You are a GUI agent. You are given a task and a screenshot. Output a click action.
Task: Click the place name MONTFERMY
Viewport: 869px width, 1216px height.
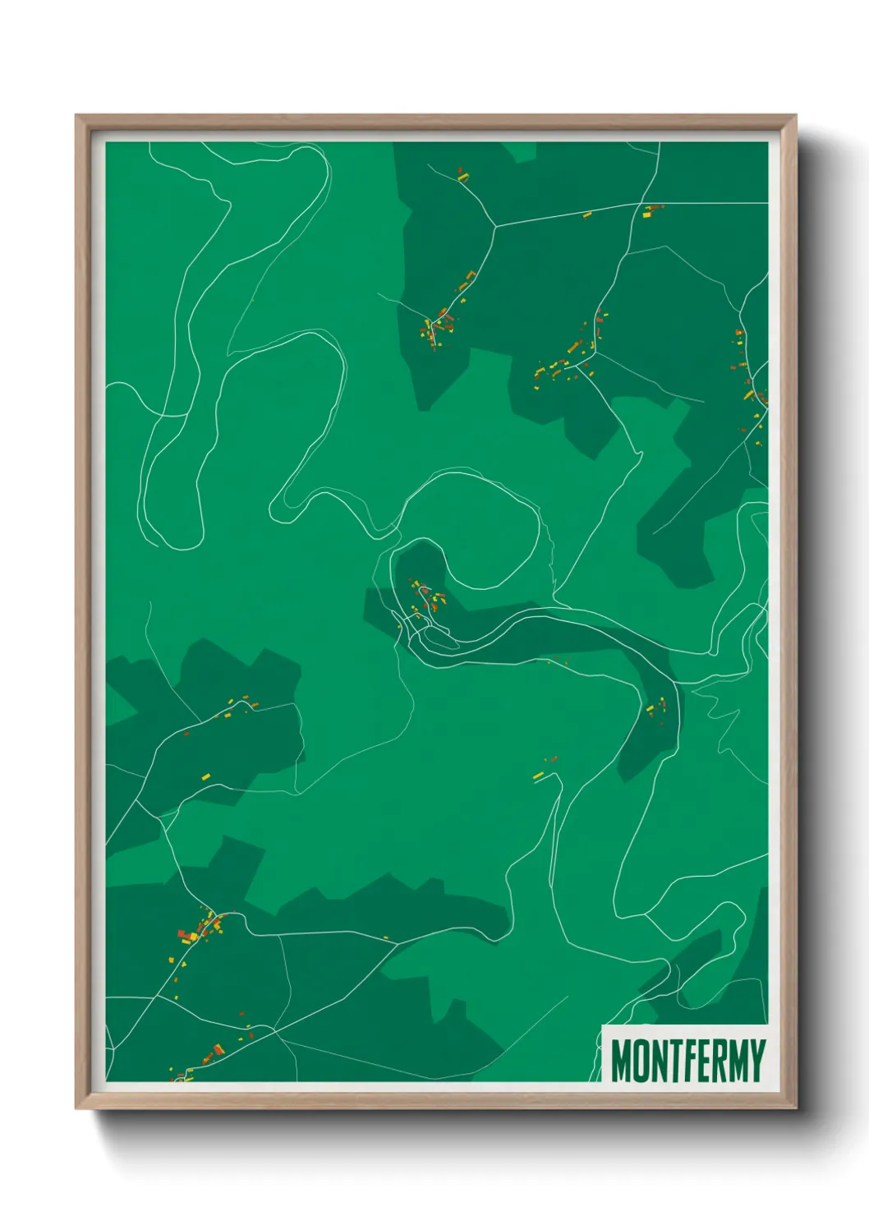tap(687, 1061)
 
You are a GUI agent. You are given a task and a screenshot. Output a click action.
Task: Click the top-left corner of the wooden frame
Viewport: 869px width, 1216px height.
tap(76, 116)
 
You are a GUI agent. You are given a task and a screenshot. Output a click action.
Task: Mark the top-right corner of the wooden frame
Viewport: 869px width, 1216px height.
tap(796, 116)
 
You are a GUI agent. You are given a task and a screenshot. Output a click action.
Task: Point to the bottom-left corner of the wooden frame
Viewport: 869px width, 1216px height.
tap(76, 1108)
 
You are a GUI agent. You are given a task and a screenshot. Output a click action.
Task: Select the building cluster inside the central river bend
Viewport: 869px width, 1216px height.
tap(425, 597)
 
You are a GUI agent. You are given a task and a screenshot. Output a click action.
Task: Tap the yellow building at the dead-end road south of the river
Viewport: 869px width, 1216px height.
tap(538, 775)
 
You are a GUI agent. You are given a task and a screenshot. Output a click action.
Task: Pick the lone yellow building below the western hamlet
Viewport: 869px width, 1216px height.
tap(205, 776)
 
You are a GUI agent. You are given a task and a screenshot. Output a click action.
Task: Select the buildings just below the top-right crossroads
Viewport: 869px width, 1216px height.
tap(651, 211)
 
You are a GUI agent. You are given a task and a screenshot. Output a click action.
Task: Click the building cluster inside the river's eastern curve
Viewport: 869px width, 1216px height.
tap(657, 707)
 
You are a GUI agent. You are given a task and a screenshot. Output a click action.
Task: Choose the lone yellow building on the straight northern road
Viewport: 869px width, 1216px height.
tap(587, 215)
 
